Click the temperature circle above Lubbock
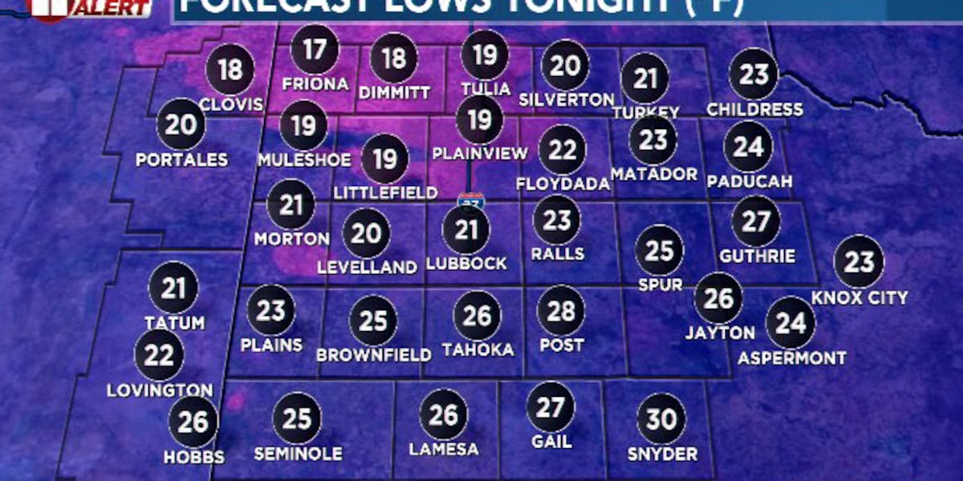(x=466, y=231)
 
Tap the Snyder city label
(x=663, y=455)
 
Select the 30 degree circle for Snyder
(x=662, y=419)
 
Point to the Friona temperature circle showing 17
(x=315, y=51)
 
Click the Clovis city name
(x=231, y=105)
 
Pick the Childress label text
(x=754, y=109)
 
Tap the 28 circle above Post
(x=561, y=310)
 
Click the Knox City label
(x=859, y=298)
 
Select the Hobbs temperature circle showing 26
(x=193, y=422)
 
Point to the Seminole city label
(x=298, y=454)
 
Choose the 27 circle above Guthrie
(x=756, y=222)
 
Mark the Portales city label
(x=181, y=160)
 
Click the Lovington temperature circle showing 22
(x=159, y=355)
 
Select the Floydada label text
(x=563, y=184)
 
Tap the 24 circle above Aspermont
(x=790, y=323)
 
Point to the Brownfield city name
(x=374, y=354)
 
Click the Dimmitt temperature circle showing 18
(x=393, y=59)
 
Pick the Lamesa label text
(x=444, y=449)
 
